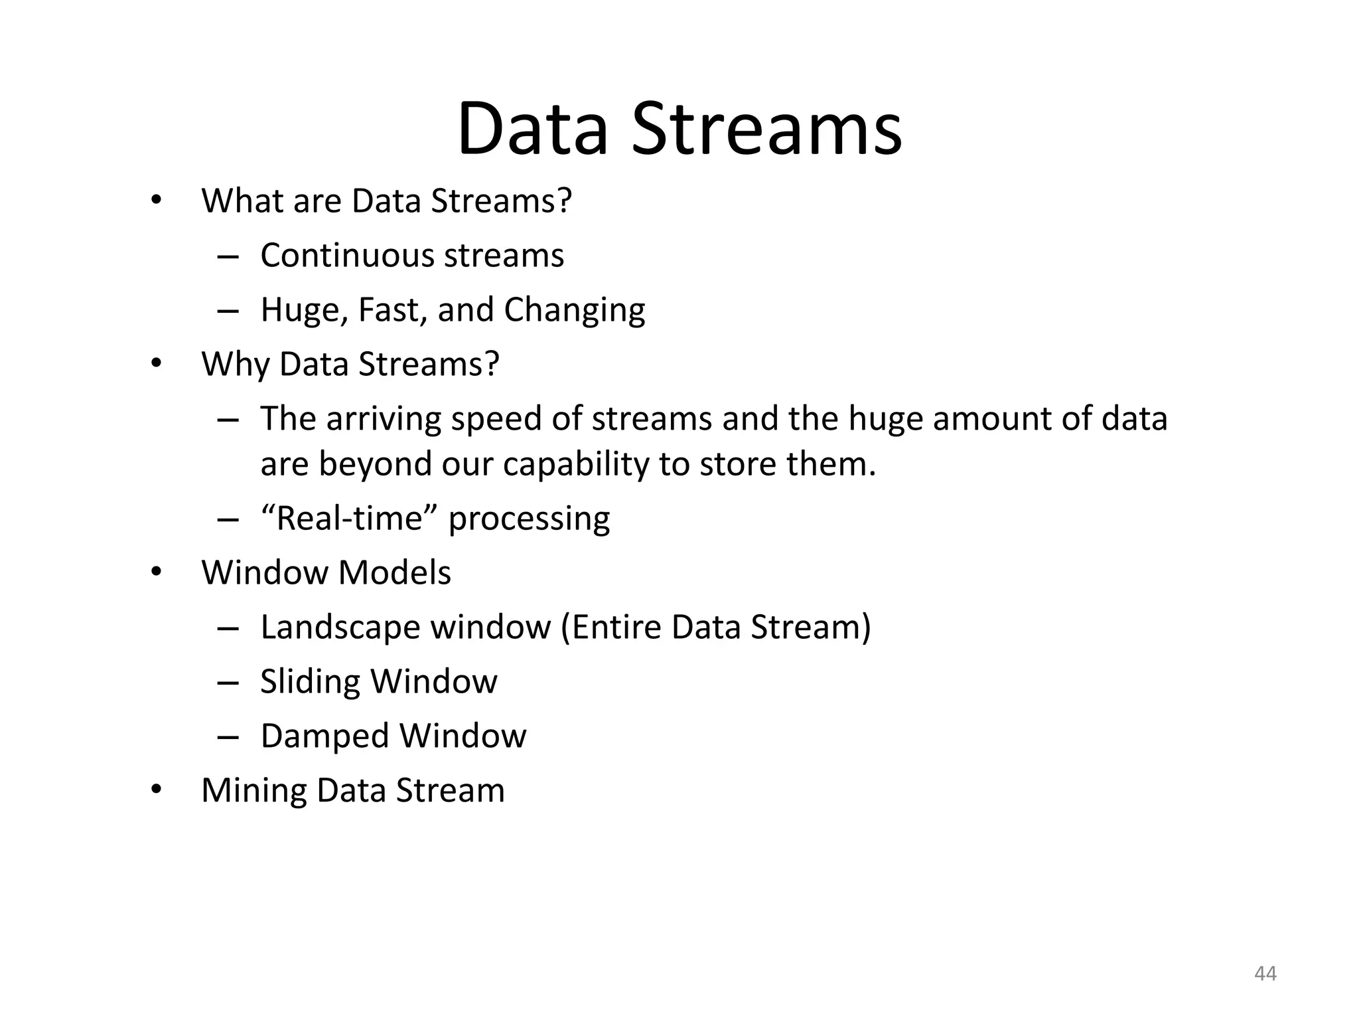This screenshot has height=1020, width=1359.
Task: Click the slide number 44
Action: coord(1265,973)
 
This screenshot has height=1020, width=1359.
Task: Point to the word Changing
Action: coord(574,310)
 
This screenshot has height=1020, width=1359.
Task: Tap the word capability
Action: coord(575,464)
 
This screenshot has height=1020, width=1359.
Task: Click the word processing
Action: coord(529,519)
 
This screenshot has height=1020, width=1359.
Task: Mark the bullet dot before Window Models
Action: coord(156,572)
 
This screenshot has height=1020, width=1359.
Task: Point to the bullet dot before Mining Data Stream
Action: coord(156,790)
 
